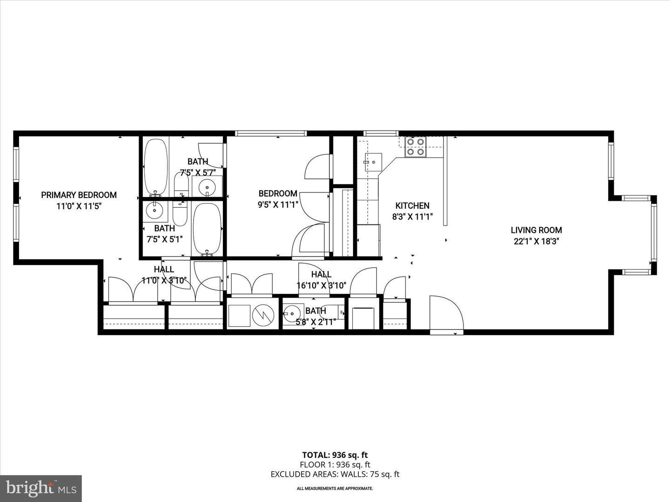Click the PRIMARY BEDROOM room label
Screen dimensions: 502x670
(79, 195)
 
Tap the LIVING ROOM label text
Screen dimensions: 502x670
(536, 230)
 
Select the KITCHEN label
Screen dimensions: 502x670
(412, 205)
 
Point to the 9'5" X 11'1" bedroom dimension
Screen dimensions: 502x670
(278, 205)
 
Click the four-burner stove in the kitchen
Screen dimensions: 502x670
(415, 146)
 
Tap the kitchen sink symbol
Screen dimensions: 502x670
(373, 162)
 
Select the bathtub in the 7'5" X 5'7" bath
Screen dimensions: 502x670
(156, 168)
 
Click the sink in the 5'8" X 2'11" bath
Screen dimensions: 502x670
(292, 313)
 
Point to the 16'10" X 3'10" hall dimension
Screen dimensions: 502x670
(321, 285)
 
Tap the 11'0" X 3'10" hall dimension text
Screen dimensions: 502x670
(164, 280)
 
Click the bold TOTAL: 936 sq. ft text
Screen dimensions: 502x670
(335, 455)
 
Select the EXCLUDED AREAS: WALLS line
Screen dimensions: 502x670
(335, 475)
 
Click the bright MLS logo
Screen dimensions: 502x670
(41, 488)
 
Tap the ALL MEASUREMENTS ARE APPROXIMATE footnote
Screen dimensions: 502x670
(335, 489)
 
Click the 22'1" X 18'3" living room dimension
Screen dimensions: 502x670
(536, 241)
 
